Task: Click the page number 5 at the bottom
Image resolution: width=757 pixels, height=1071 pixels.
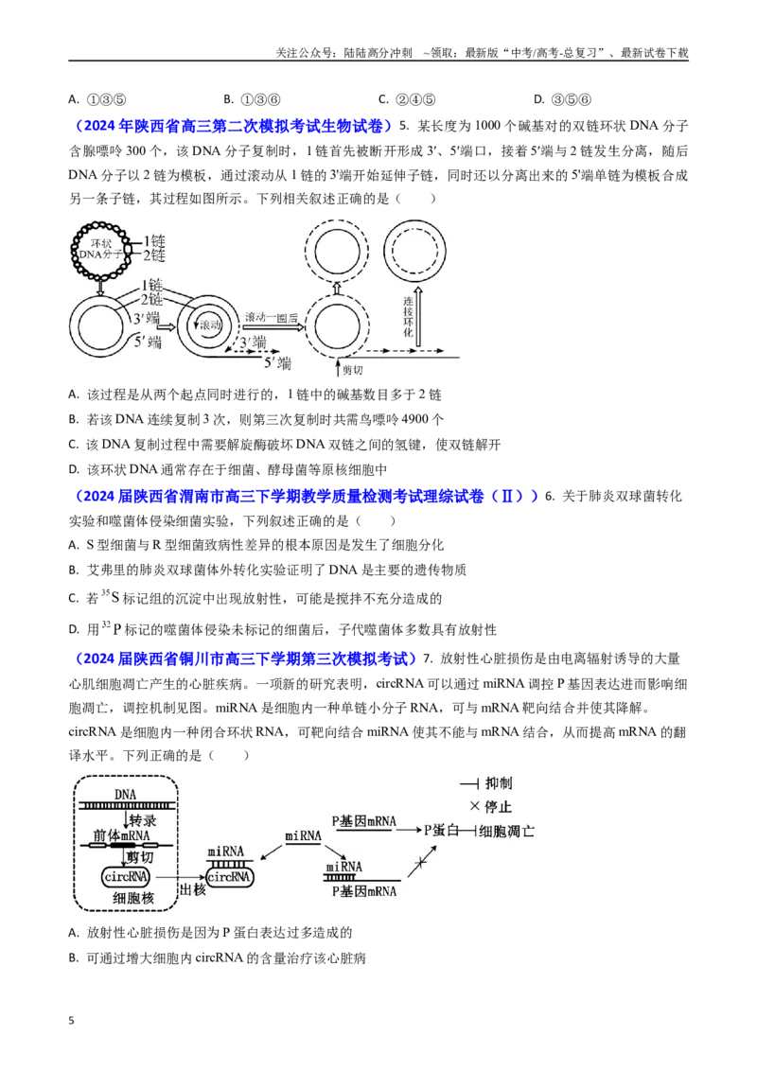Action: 72,1021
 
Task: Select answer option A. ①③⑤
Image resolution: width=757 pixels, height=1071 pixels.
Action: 97,99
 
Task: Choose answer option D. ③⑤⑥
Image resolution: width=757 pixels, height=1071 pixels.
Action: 562,99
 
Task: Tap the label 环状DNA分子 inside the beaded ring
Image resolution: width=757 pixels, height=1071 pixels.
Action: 100,249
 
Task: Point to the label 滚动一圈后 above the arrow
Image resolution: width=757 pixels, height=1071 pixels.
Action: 272,318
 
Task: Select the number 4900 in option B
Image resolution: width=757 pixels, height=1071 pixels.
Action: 415,419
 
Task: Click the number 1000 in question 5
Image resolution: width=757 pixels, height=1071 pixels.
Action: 488,126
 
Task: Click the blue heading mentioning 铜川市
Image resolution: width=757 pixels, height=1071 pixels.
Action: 242,658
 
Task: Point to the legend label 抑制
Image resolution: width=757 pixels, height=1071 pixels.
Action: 498,783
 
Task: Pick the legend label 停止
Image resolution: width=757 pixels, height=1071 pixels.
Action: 498,807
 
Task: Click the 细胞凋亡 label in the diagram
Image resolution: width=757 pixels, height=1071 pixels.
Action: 506,831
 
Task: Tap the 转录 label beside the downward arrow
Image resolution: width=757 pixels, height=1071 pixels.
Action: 143,819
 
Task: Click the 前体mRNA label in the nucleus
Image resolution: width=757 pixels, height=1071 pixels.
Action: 122,835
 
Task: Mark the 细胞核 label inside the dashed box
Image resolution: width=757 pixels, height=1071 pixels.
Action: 133,898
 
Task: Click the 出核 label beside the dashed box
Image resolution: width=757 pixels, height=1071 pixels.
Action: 192,889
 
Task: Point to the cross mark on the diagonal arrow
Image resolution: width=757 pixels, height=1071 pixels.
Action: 421,864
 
